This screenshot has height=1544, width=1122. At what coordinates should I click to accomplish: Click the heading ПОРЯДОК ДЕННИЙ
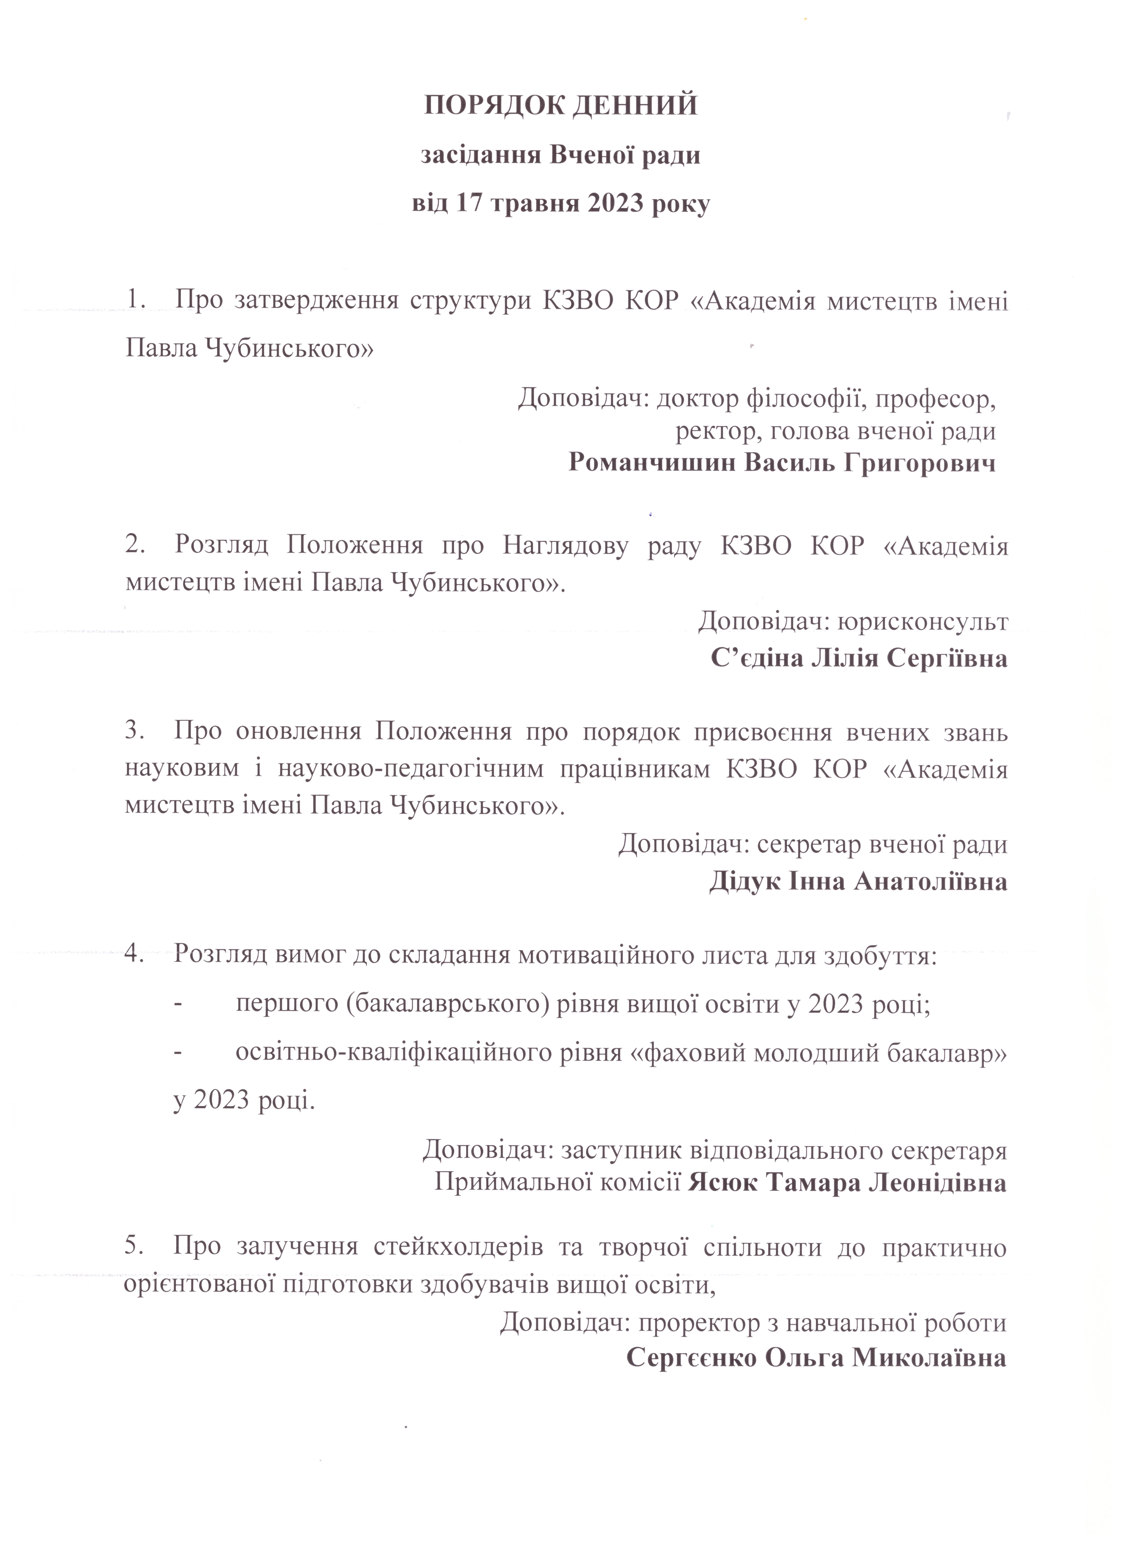[x=561, y=106]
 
